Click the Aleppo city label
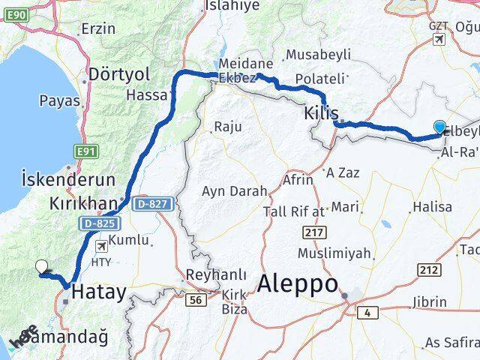click(298, 284)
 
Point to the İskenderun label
click(68, 180)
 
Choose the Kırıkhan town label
click(83, 203)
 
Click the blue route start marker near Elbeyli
click(439, 128)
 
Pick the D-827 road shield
click(153, 203)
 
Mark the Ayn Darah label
click(234, 191)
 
